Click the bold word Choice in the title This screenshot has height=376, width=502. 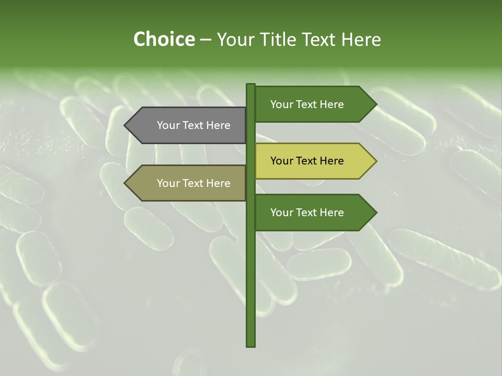click(164, 40)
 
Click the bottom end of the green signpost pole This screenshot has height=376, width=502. click(250, 345)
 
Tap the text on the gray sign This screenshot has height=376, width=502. click(193, 125)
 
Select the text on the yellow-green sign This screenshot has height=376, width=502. click(307, 161)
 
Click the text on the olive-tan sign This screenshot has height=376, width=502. click(193, 183)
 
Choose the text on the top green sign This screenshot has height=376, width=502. click(307, 104)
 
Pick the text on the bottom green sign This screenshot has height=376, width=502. click(307, 213)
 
